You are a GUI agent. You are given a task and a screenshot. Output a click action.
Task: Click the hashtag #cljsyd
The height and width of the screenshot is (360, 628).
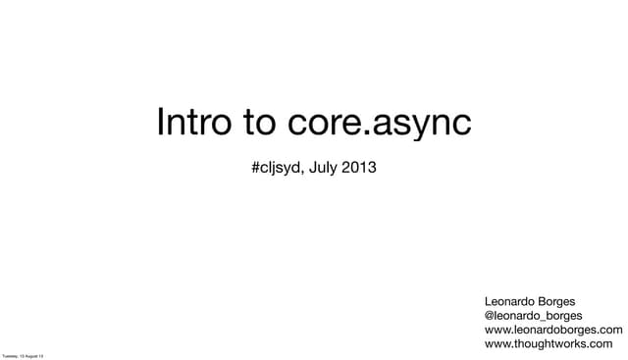click(x=278, y=169)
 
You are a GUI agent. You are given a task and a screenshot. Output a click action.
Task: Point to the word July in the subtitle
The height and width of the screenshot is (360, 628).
click(x=324, y=169)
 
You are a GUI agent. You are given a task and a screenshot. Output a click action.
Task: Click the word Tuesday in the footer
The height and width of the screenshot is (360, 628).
click(x=10, y=355)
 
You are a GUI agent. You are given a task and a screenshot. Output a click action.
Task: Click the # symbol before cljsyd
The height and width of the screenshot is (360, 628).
click(x=255, y=169)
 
